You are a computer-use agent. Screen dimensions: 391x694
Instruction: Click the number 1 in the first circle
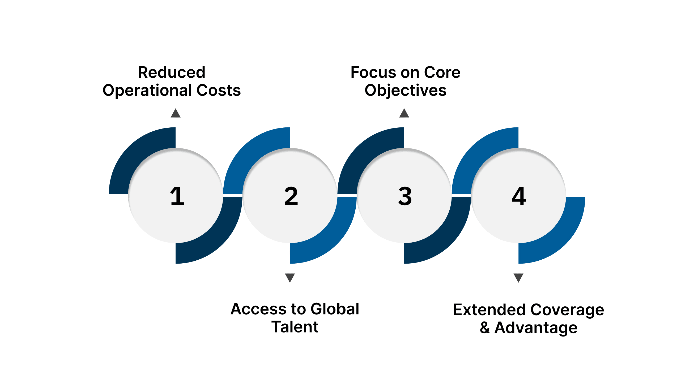tap(177, 196)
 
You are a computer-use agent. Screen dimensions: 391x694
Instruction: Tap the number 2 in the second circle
tap(291, 196)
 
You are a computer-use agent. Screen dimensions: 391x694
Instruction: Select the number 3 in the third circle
tap(405, 196)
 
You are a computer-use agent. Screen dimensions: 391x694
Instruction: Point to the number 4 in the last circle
tap(519, 196)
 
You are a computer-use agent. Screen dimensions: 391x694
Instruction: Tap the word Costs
tap(219, 90)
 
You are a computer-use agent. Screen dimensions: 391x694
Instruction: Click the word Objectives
tap(406, 91)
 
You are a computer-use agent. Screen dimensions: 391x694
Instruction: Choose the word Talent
tap(295, 327)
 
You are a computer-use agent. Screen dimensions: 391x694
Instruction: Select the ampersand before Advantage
tap(485, 328)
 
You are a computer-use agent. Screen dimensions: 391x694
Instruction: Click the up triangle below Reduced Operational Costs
tap(176, 114)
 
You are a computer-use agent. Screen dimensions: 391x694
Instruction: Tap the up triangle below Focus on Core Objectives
tap(404, 114)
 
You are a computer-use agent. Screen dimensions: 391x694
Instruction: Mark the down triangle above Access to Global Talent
tap(290, 277)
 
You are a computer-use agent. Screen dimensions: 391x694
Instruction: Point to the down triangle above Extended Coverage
tap(518, 277)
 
